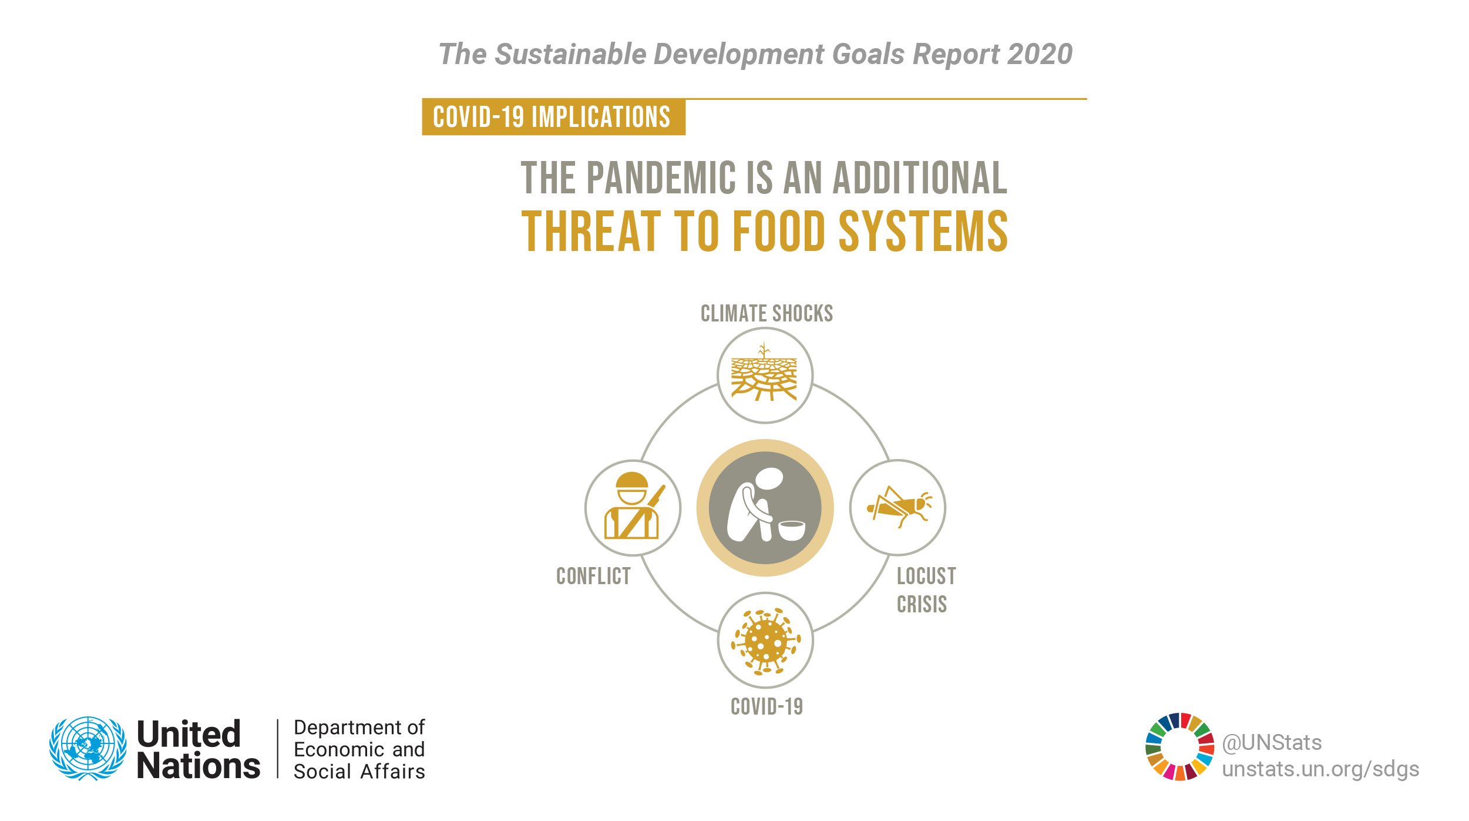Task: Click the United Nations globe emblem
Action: pos(88,748)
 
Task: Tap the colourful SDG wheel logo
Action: pos(1180,747)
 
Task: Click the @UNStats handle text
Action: pos(1272,743)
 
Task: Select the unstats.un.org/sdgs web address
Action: pos(1320,769)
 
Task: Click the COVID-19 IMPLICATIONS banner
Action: pos(553,117)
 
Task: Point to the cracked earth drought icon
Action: pos(764,372)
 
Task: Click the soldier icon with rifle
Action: pos(633,506)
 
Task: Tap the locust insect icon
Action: pos(899,506)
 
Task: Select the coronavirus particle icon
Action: pos(765,641)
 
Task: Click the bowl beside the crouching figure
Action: pos(791,530)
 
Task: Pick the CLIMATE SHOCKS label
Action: pos(767,314)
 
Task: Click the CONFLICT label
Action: pos(593,577)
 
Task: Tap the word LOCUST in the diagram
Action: pos(926,577)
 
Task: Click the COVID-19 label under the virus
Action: pos(767,707)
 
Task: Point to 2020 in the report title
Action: pos(1040,54)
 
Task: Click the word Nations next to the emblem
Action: pos(199,766)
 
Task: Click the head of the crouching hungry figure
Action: pos(769,478)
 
